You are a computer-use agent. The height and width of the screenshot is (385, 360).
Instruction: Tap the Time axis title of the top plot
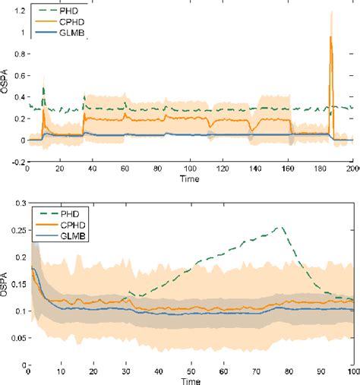click(190, 180)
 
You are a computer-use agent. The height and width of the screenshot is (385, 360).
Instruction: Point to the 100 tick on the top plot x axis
click(190, 170)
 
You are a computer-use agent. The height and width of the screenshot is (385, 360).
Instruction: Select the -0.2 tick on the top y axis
click(16, 162)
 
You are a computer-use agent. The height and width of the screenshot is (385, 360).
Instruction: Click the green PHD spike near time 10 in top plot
click(43, 89)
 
